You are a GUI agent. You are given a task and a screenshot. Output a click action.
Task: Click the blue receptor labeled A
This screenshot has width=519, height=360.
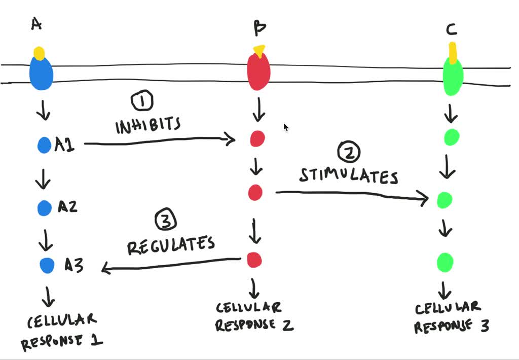coord(41,73)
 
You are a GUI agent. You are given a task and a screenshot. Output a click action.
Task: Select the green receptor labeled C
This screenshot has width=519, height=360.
coord(453,76)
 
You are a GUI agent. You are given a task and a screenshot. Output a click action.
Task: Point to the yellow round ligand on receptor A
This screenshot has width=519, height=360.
coord(39,53)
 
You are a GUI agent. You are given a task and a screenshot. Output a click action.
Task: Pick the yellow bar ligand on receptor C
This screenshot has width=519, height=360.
coord(453,52)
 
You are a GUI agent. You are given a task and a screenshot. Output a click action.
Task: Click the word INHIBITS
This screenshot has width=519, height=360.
coord(148,125)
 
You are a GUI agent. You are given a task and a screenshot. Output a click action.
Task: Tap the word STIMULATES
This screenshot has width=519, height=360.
coord(349,175)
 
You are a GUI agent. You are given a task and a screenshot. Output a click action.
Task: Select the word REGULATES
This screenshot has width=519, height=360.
coord(171,245)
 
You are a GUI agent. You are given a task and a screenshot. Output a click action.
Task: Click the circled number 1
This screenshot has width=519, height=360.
coord(142,101)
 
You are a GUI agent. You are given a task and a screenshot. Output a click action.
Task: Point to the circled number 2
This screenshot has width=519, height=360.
coord(349,152)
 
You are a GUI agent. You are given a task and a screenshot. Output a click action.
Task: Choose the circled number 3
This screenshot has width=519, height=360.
coord(166,220)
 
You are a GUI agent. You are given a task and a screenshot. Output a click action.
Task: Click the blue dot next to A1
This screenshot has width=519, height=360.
coord(45,145)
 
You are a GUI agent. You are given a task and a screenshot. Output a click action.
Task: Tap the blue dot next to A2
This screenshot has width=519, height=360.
coord(45,208)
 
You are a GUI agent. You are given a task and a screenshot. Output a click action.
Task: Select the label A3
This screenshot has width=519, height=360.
coord(74,265)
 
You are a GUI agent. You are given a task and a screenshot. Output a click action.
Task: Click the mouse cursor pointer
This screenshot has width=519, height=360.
coord(286,127)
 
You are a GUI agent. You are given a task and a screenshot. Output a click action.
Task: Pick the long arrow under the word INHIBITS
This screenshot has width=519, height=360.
coord(160,141)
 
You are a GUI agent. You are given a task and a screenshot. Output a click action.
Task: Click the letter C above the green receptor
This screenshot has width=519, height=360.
coord(452,30)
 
